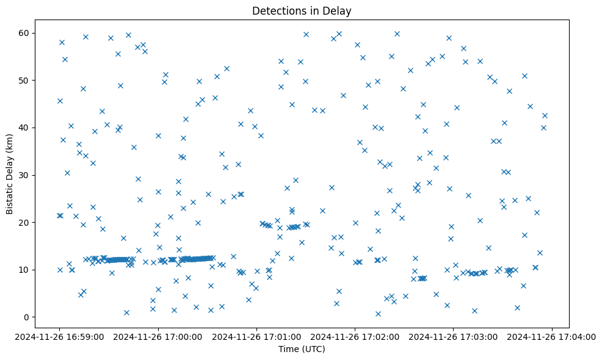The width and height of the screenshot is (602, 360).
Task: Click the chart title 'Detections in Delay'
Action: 302,11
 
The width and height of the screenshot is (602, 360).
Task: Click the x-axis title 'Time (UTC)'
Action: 302,349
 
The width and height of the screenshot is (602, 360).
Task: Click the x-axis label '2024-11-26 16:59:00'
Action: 59,336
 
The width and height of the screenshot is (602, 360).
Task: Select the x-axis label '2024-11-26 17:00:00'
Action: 158,336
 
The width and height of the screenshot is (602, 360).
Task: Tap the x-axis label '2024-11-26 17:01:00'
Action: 256,336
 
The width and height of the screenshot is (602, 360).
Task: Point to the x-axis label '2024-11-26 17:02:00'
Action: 355,336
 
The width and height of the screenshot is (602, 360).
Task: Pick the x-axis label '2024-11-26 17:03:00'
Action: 454,336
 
